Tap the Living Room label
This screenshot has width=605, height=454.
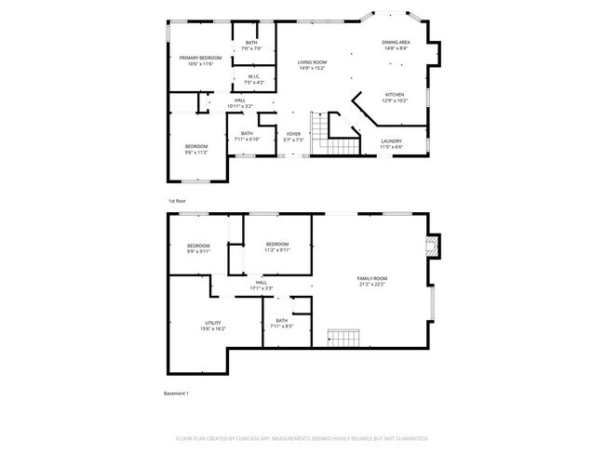pyautogui.click(x=312, y=61)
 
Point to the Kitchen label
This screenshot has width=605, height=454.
pyautogui.click(x=396, y=94)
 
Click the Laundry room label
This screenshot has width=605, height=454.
pyautogui.click(x=391, y=141)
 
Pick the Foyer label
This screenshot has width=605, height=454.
pyautogui.click(x=293, y=134)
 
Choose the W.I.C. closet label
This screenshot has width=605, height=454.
pyautogui.click(x=253, y=77)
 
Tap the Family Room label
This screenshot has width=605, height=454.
pyautogui.click(x=372, y=278)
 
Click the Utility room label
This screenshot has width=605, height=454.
pyautogui.click(x=213, y=323)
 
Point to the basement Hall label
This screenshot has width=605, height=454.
pyautogui.click(x=261, y=283)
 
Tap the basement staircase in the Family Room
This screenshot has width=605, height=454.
pyautogui.click(x=343, y=336)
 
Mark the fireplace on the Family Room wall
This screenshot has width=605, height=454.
pyautogui.click(x=430, y=245)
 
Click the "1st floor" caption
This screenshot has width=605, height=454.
pyautogui.click(x=177, y=201)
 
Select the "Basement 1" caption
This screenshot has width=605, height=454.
pyautogui.click(x=176, y=394)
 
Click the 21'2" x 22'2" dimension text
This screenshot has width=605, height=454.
pyautogui.click(x=372, y=284)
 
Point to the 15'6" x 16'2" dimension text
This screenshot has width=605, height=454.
pyautogui.click(x=213, y=328)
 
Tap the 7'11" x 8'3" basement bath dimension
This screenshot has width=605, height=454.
pyautogui.click(x=281, y=327)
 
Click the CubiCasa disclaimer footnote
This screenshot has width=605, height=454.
pyautogui.click(x=302, y=437)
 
